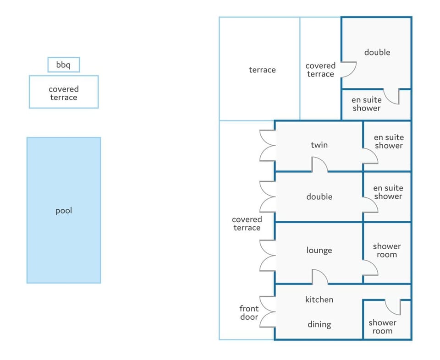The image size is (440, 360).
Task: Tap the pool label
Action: (x=64, y=211)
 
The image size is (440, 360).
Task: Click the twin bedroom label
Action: (x=319, y=145)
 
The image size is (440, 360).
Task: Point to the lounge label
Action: (x=319, y=250)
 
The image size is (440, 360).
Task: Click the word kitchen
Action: (x=319, y=300)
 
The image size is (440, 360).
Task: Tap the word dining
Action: (x=319, y=324)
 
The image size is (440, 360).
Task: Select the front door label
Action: (x=249, y=313)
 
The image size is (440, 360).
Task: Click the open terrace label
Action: (x=262, y=70)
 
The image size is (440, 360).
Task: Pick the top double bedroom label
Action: (x=377, y=52)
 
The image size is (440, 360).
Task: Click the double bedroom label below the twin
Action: (x=319, y=196)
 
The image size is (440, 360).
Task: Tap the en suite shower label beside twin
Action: (x=389, y=142)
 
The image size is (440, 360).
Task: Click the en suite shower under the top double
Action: (x=367, y=104)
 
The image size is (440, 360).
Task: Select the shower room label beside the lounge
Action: (x=387, y=251)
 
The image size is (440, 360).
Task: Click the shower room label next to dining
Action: (x=382, y=327)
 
